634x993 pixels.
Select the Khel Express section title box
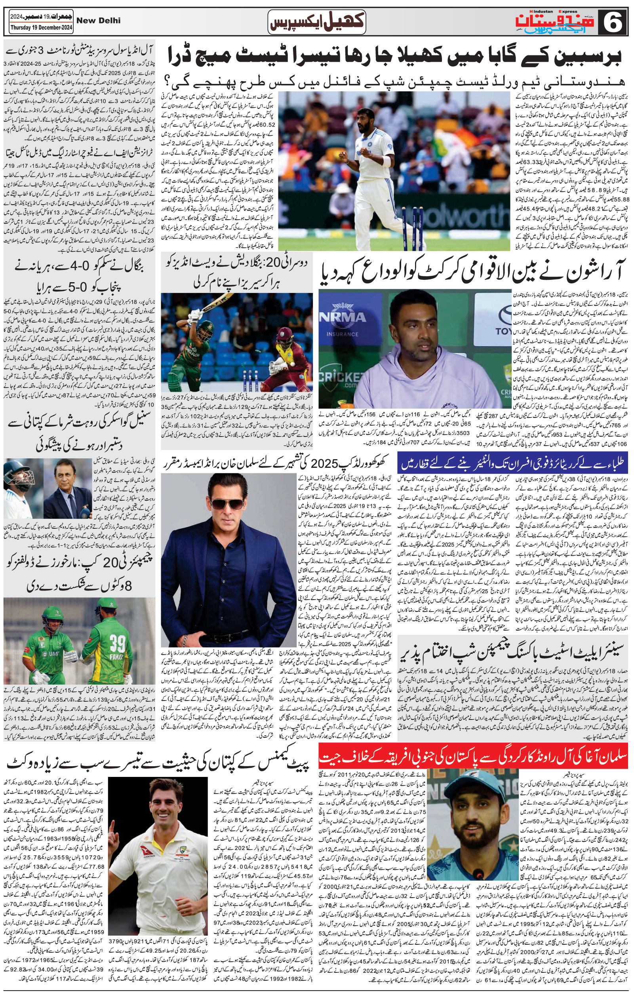point(316,21)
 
